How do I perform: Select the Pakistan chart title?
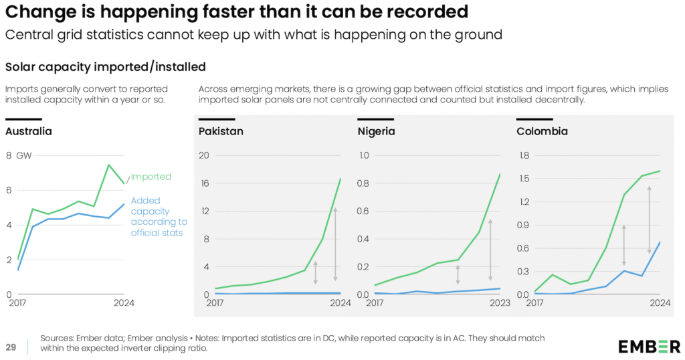221,131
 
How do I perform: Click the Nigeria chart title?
377,131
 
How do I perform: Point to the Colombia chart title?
542,131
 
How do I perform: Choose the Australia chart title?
29,131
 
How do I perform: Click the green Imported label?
151,177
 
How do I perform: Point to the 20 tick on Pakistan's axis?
204,155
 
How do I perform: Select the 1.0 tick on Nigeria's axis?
364,155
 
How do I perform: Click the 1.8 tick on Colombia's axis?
524,155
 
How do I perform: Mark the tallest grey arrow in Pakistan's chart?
336,245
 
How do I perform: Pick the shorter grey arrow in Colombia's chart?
623,246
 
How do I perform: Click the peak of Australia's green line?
108,165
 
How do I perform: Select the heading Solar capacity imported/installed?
105,67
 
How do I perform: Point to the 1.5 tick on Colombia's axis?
524,179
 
